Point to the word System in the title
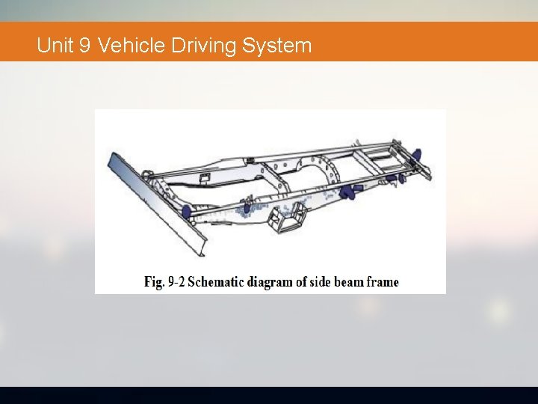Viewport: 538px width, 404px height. click(x=276, y=46)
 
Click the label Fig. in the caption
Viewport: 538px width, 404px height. click(x=154, y=282)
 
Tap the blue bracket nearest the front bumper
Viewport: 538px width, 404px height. click(x=187, y=211)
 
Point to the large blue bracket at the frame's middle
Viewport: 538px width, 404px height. click(x=347, y=192)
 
